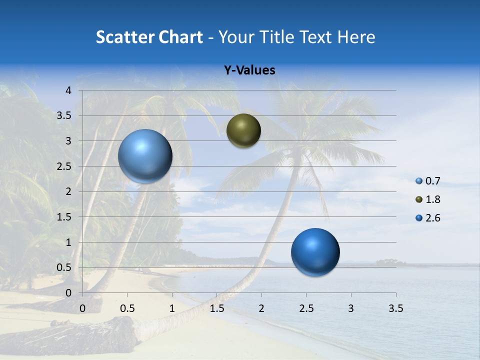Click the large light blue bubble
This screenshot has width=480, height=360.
(145, 156)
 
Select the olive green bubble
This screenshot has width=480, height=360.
(243, 131)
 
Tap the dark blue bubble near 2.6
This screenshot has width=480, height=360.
(315, 252)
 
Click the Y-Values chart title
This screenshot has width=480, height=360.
(249, 70)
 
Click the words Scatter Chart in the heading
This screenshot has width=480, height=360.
(149, 37)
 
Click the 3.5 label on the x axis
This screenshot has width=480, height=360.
(395, 308)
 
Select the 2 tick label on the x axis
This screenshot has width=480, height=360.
(261, 308)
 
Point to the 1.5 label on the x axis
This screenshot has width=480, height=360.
(217, 308)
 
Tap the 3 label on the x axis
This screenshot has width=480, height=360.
(351, 308)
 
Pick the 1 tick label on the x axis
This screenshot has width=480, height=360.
(172, 308)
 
